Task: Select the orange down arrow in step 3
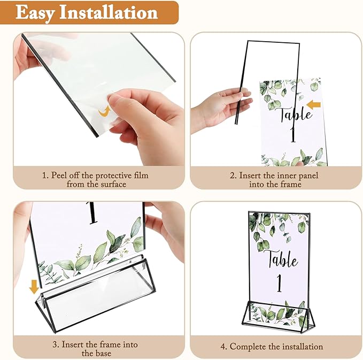point(34,287)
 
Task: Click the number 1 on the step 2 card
point(292,134)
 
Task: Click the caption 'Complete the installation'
point(276,346)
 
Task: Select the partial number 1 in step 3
point(93,213)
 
